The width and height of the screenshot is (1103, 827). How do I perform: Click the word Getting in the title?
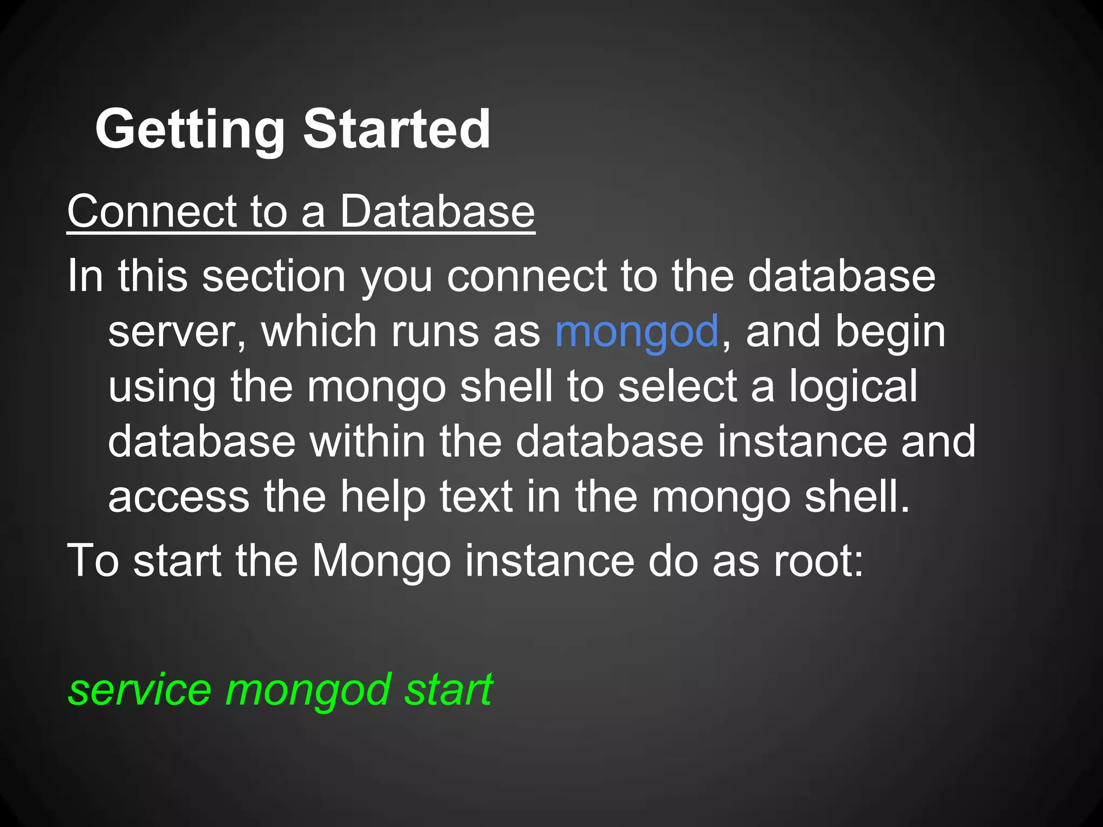pos(190,130)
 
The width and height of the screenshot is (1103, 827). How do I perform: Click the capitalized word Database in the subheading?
pos(437,212)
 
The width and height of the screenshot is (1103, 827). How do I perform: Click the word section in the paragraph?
pos(274,276)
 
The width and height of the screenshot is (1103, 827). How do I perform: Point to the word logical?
pos(854,387)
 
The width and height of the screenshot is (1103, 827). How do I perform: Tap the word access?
pos(179,497)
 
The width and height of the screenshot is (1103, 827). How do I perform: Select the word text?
pos(476,497)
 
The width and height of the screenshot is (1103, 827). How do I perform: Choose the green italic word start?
pos(448,690)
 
